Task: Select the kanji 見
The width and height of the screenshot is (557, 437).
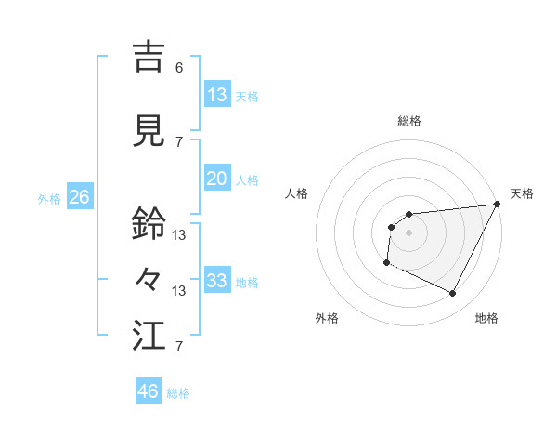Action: pos(149,130)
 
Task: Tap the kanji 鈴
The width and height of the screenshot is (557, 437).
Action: pos(149,223)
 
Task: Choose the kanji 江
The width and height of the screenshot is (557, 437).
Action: pos(149,336)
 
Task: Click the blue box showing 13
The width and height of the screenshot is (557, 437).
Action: pos(217,95)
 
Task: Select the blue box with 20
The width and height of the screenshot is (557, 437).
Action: pos(217,179)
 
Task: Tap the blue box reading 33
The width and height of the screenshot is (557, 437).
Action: pos(217,281)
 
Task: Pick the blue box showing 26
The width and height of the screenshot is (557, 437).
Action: pos(79,197)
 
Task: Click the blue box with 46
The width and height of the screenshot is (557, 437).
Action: pos(149,391)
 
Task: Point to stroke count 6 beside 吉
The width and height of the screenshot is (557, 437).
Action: pos(179,68)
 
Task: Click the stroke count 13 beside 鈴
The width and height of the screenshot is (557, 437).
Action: pos(179,235)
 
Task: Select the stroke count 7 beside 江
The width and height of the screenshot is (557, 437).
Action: pos(179,347)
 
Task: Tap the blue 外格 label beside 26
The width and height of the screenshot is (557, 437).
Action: pos(49,198)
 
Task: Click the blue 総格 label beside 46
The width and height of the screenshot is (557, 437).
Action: pos(179,393)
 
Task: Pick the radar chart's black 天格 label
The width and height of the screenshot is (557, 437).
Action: pos(522,193)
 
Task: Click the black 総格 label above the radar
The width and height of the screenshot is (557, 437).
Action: pos(408,121)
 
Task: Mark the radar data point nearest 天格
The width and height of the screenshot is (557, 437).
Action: pos(498,205)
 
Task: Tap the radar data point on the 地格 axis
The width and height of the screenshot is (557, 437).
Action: pos(453,294)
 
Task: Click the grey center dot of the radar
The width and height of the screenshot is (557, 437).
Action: pos(408,232)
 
